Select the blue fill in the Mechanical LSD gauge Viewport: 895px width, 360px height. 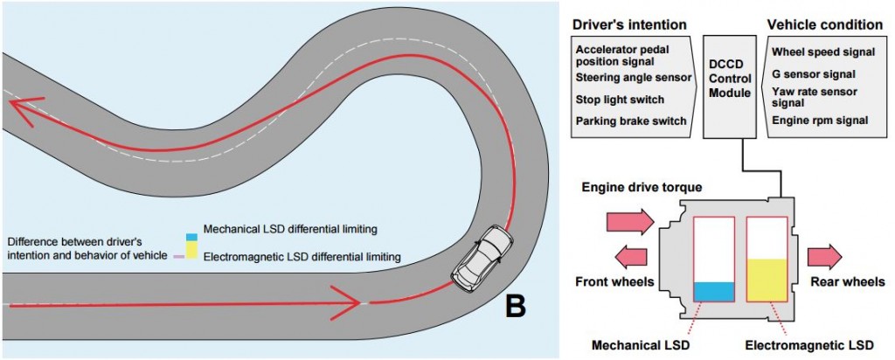tap(712, 292)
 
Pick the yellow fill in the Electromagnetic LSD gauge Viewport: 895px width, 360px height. tap(767, 280)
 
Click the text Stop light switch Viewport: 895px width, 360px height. tap(620, 100)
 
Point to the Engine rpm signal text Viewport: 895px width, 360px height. tap(819, 120)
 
